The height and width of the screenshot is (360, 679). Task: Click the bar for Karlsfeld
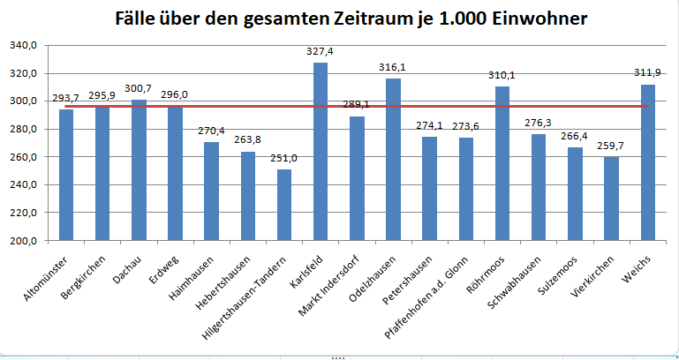coord(321,151)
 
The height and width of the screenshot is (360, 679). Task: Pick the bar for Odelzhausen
coord(393,159)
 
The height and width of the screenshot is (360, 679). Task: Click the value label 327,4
coord(320,52)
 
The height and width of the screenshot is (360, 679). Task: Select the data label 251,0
coord(283,159)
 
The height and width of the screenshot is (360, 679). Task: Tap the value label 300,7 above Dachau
coord(139,89)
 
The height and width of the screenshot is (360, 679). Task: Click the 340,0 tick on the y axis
coord(24,46)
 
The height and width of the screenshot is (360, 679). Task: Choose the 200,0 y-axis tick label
coord(24,241)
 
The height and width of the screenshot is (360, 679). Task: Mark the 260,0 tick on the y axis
coord(24,157)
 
